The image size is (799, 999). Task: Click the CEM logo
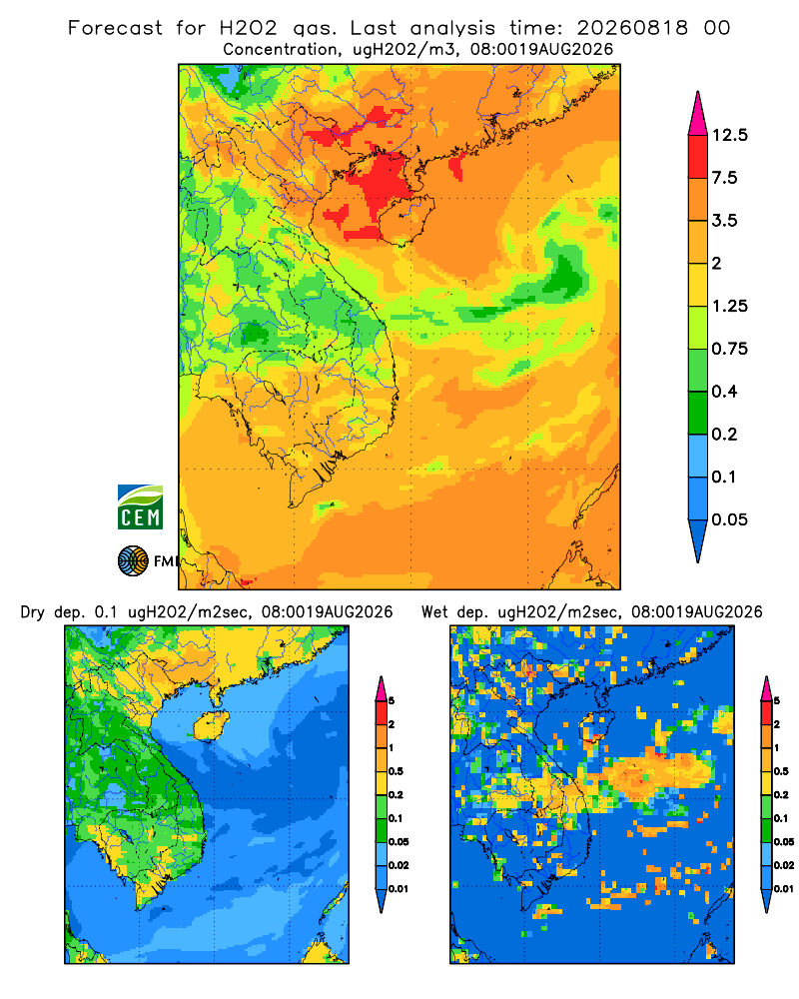(x=140, y=507)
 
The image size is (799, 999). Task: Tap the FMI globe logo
(x=133, y=560)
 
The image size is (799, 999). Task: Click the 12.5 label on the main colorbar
(x=729, y=135)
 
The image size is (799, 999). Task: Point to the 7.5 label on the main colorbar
(x=724, y=178)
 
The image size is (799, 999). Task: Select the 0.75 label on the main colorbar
(x=729, y=349)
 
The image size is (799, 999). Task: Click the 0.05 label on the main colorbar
(x=729, y=519)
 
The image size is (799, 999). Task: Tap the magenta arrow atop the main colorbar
(x=698, y=113)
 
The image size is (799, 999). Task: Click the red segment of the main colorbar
(x=698, y=157)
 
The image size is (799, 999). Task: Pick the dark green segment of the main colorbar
(x=698, y=413)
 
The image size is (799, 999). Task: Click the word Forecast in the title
(x=115, y=28)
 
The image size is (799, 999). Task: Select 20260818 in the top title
(x=632, y=28)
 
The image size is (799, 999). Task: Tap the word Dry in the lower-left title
(x=33, y=612)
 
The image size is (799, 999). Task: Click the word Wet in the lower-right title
(x=435, y=612)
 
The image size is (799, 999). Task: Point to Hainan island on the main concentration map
(x=405, y=219)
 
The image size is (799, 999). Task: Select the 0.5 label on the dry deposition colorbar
(x=396, y=771)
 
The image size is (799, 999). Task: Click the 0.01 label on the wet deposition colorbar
(x=784, y=889)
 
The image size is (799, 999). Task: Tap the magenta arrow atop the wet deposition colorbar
(x=766, y=688)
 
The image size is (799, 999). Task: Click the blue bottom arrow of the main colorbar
(x=698, y=540)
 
